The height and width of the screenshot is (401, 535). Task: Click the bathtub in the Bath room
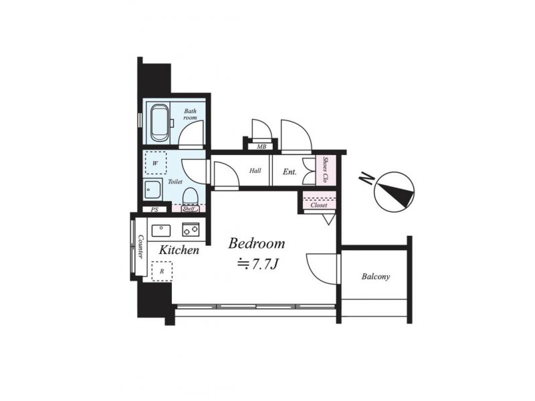[159, 123]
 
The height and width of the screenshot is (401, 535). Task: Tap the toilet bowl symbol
[190, 197]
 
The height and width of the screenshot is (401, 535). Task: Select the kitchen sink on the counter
[161, 231]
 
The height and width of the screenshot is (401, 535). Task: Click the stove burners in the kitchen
[191, 229]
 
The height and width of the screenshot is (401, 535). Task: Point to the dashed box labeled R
[162, 271]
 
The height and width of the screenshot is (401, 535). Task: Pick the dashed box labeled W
[156, 163]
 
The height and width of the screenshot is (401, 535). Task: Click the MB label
[261, 147]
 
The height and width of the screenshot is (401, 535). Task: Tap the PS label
[154, 210]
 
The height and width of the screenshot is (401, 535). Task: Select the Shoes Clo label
[326, 170]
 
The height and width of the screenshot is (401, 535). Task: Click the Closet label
[319, 205]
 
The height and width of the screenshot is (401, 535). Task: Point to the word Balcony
[376, 277]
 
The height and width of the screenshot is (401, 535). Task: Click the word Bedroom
[257, 243]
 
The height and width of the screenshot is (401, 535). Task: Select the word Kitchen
[179, 250]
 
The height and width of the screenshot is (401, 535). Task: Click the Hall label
[255, 170]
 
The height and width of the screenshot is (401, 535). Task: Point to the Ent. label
[290, 172]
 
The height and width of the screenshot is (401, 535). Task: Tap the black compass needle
[397, 194]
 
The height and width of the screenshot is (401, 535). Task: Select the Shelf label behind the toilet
[189, 209]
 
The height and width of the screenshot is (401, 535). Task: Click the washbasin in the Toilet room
[152, 189]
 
